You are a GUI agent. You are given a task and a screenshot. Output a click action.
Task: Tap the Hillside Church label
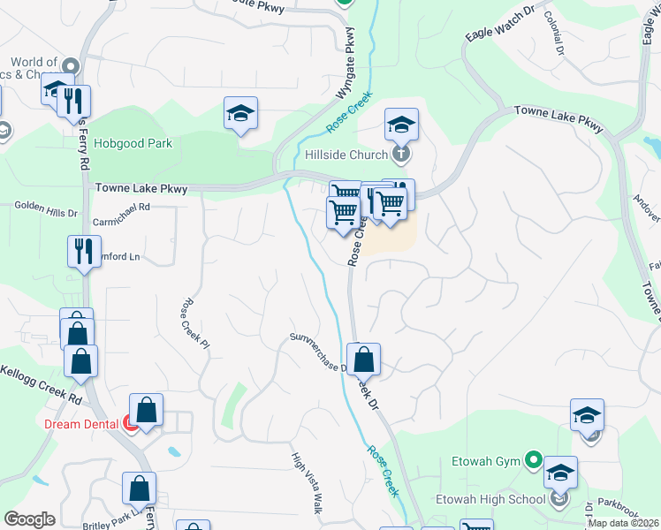[346, 155]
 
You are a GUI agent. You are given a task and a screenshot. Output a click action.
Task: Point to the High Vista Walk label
[306, 483]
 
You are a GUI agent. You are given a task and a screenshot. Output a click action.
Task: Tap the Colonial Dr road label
[554, 34]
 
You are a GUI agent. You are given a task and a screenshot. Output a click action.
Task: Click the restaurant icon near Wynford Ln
[85, 250]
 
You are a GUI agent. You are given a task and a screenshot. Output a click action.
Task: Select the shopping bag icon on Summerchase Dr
[363, 359]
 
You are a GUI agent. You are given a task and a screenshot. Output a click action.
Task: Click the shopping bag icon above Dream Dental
[147, 409]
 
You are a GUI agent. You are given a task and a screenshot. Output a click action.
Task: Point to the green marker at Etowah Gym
[533, 460]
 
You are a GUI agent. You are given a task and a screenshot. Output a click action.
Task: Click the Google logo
[30, 519]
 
